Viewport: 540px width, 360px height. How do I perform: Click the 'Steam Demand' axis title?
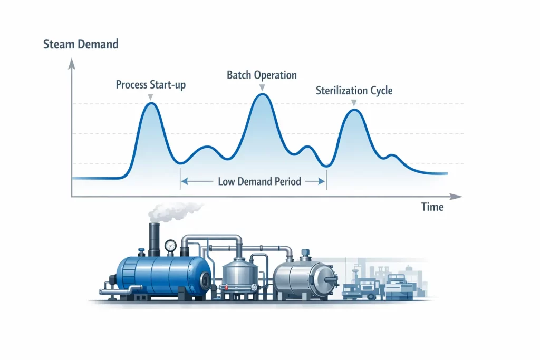click(81, 44)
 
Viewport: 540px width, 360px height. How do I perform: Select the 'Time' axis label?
click(432, 207)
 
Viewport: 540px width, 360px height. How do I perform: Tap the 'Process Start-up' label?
click(151, 85)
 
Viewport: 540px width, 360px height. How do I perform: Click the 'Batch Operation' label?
click(262, 75)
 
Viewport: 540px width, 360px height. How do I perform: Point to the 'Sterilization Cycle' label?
click(354, 90)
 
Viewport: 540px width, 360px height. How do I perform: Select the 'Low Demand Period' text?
click(259, 182)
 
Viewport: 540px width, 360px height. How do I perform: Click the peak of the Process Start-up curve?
click(151, 103)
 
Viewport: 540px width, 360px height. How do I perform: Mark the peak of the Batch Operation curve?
click(262, 94)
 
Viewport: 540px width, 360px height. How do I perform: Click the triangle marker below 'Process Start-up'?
click(151, 96)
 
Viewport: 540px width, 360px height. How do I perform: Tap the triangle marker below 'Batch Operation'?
click(262, 87)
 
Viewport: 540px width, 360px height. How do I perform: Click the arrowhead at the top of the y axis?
click(72, 64)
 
